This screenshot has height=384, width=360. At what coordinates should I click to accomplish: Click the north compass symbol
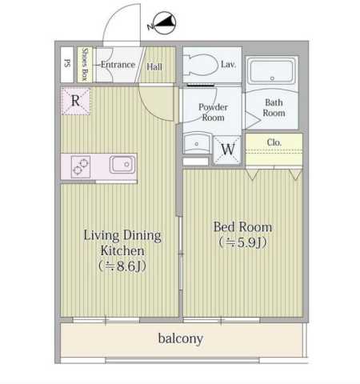[x=162, y=23]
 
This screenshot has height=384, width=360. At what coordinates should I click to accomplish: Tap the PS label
[x=67, y=63]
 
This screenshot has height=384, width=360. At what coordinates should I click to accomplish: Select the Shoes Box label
[x=85, y=64]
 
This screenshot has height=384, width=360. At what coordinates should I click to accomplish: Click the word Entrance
[x=118, y=65]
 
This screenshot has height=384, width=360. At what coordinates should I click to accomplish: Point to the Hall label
[x=154, y=66]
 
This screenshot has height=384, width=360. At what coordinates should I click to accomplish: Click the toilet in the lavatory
[x=202, y=65]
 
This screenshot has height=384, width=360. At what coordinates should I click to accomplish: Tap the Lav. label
[x=228, y=64]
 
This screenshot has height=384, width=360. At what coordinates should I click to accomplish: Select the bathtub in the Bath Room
[x=272, y=70]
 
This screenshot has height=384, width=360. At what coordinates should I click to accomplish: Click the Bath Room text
[x=274, y=108]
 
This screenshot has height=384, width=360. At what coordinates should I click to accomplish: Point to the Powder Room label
[x=213, y=112]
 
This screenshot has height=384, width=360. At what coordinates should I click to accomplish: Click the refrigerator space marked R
[x=76, y=102]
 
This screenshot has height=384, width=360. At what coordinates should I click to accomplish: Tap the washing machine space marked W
[x=228, y=150]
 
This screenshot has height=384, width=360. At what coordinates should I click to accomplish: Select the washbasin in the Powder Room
[x=197, y=144]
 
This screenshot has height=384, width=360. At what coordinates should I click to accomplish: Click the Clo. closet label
[x=274, y=142]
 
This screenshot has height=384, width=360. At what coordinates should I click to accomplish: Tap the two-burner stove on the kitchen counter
[x=81, y=166]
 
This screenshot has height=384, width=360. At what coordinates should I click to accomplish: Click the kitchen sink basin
[x=122, y=165]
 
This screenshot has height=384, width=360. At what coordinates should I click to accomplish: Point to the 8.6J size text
[x=122, y=266]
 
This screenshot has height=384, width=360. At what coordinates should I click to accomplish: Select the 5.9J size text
[x=243, y=242]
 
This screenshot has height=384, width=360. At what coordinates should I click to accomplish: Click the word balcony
[x=181, y=338]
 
